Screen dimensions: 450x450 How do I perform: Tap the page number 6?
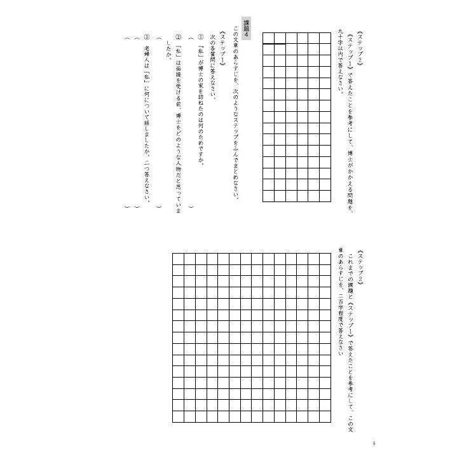tap(375, 425)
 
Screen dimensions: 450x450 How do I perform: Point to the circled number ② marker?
tap(179, 40)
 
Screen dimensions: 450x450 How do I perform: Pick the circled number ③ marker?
tap(147, 40)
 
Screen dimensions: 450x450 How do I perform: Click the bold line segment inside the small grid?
tap(275, 44)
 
